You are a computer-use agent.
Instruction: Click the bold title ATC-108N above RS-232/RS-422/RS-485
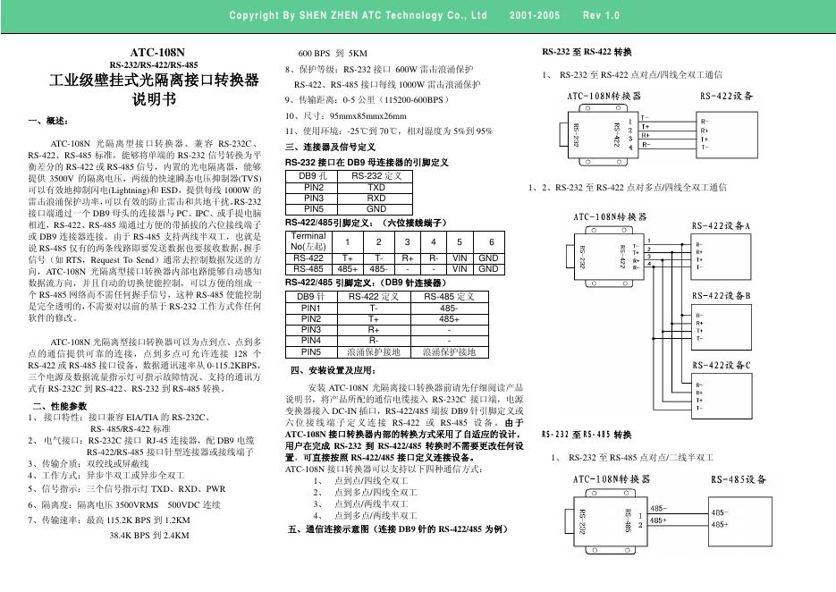156,54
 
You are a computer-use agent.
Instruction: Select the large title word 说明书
156,99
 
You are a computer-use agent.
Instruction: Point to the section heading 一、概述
48,120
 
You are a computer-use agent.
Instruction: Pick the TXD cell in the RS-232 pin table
376,187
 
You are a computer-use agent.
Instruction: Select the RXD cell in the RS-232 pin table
376,197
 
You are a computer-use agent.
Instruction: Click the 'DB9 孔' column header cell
313,176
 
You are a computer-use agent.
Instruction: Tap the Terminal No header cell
308,241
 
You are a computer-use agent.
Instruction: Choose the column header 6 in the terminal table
489,241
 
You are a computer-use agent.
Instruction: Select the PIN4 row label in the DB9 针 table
312,340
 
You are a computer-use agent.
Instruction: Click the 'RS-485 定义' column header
449,296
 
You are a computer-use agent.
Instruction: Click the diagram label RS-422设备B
721,295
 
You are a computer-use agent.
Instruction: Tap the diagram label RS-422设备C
721,364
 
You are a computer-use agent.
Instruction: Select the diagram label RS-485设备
739,479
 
